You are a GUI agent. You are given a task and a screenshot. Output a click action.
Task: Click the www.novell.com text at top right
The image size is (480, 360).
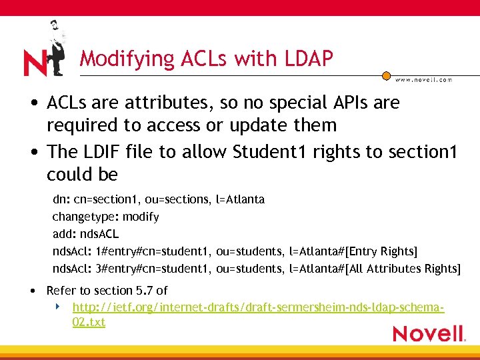click(x=423, y=79)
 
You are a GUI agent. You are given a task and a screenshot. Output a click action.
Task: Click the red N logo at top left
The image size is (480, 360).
click(x=35, y=63)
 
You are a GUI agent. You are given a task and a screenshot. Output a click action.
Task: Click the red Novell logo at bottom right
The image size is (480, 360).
click(x=428, y=333)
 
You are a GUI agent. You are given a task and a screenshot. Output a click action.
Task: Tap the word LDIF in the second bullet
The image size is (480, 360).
click(x=102, y=152)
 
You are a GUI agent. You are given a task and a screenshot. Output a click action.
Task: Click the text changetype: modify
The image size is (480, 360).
click(x=105, y=217)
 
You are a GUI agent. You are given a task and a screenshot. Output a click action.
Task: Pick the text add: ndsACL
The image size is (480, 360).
click(x=85, y=234)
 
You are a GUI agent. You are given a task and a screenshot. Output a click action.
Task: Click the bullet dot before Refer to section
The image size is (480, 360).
click(x=33, y=291)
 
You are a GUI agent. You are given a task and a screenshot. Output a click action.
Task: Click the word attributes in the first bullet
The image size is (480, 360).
click(x=158, y=103)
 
